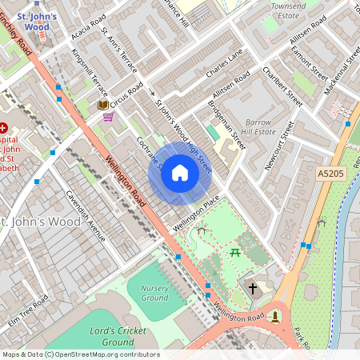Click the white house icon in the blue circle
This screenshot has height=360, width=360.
(180, 173)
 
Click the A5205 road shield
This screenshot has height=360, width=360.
(330, 173)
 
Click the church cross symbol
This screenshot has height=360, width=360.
(252, 287)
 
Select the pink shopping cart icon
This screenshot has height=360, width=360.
(108, 117)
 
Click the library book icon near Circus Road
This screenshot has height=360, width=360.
(102, 105)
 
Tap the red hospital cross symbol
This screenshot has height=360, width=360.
(4, 127)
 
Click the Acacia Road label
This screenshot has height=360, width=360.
(87, 30)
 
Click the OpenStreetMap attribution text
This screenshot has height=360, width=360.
(80, 354)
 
